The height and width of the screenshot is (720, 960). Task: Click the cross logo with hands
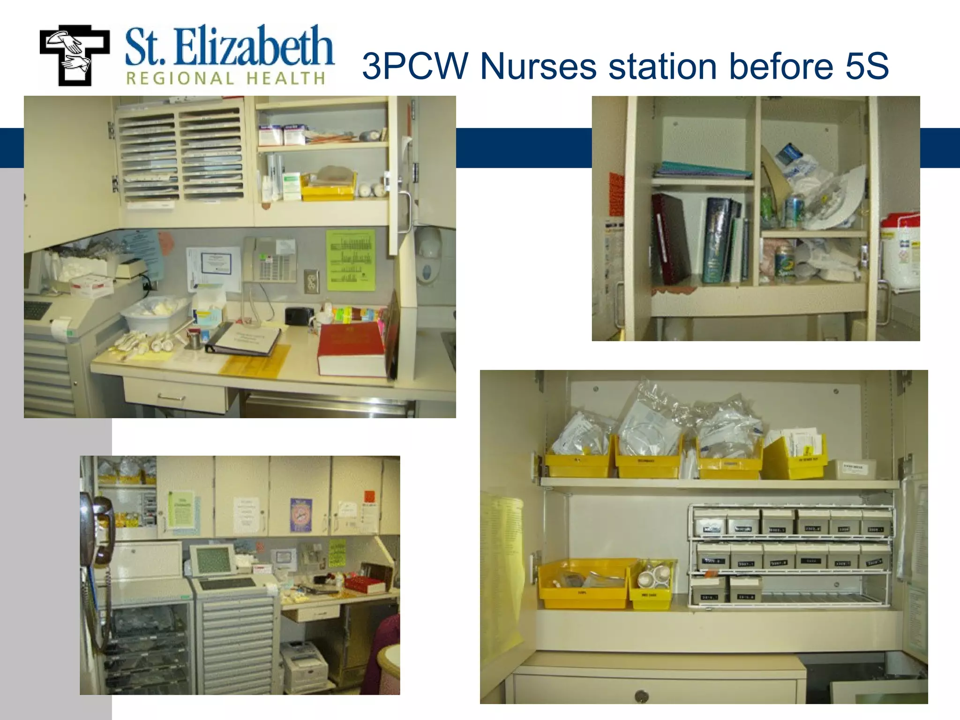pyautogui.click(x=74, y=55)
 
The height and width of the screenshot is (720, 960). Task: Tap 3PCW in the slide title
pyautogui.click(x=415, y=66)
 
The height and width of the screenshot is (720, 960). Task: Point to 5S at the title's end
pyautogui.click(x=867, y=66)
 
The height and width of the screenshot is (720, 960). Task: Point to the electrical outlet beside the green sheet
pyautogui.click(x=310, y=281)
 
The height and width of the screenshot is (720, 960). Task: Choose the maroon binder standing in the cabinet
pyautogui.click(x=670, y=239)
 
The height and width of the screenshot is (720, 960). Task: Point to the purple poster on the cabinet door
pyautogui.click(x=301, y=515)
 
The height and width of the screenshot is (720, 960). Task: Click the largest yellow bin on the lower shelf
pyautogui.click(x=584, y=584)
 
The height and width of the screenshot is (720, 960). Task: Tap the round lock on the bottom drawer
pyautogui.click(x=642, y=696)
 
